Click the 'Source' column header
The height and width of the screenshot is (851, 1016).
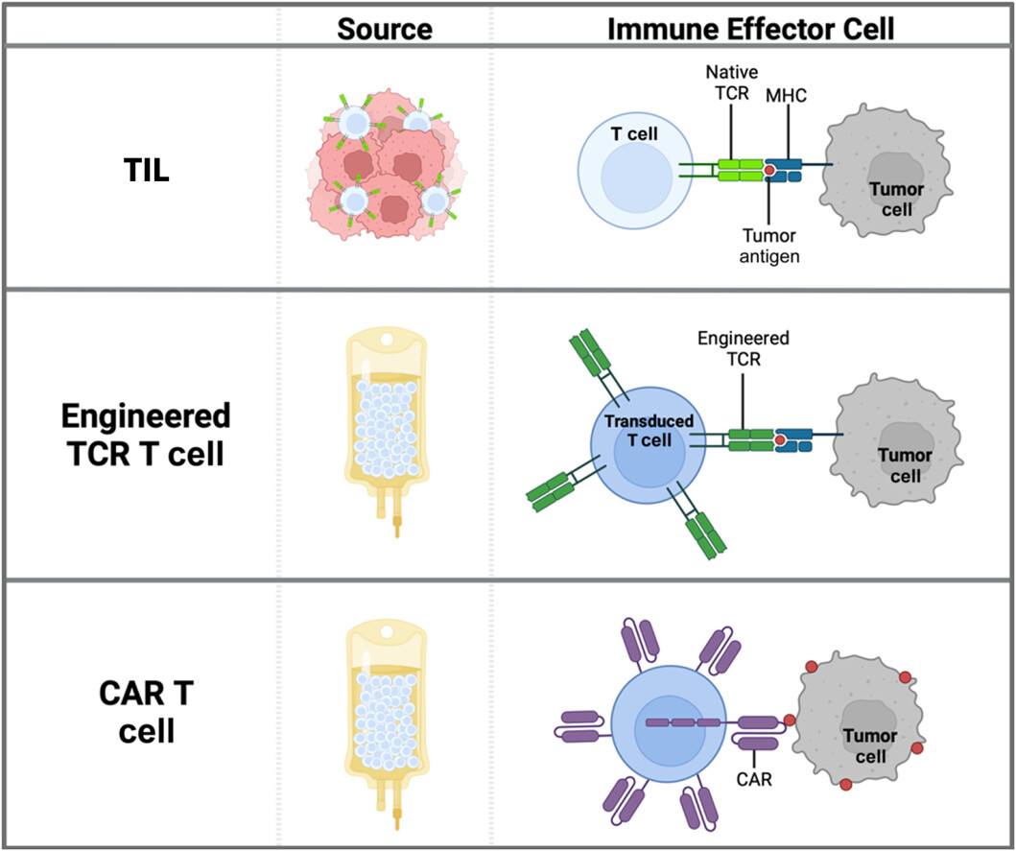(384, 28)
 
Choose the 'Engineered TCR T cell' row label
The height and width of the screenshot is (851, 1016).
(145, 434)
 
